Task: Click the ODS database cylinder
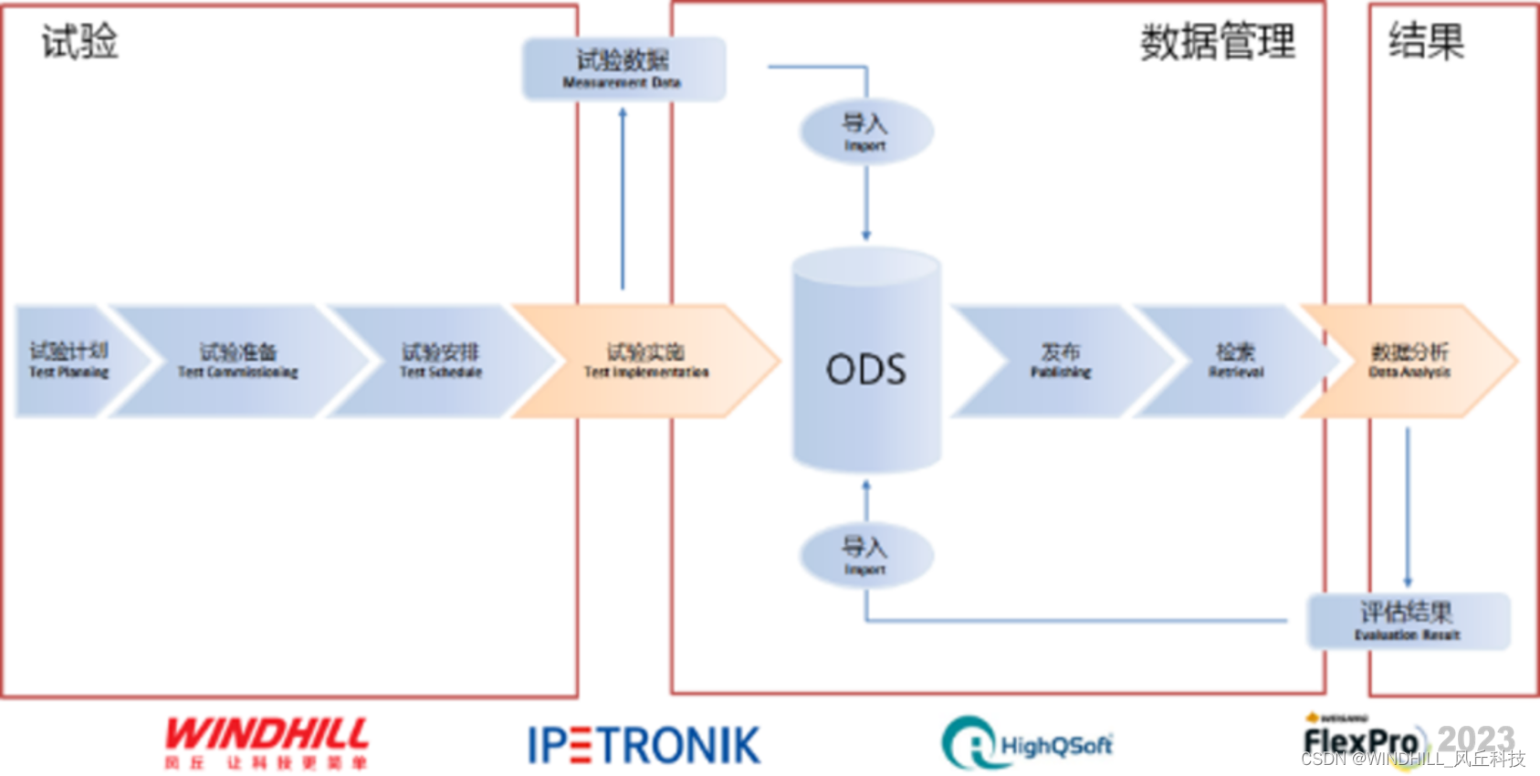pos(865,365)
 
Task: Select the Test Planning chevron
pos(69,361)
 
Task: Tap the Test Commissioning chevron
pos(237,361)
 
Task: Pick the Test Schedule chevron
pos(440,361)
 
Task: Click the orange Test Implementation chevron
pos(646,361)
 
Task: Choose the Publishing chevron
pos(1061,361)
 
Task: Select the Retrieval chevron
pos(1236,361)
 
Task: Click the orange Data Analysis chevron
pos(1409,361)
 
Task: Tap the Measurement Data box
pos(623,68)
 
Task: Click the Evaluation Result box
pos(1408,620)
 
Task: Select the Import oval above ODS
pos(865,131)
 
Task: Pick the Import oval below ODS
pos(865,555)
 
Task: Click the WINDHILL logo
pos(267,741)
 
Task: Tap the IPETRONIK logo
pos(644,744)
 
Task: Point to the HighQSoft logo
pos(1027,743)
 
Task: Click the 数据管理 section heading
pos(1217,42)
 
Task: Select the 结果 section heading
pos(1426,42)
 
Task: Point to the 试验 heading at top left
pos(80,42)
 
